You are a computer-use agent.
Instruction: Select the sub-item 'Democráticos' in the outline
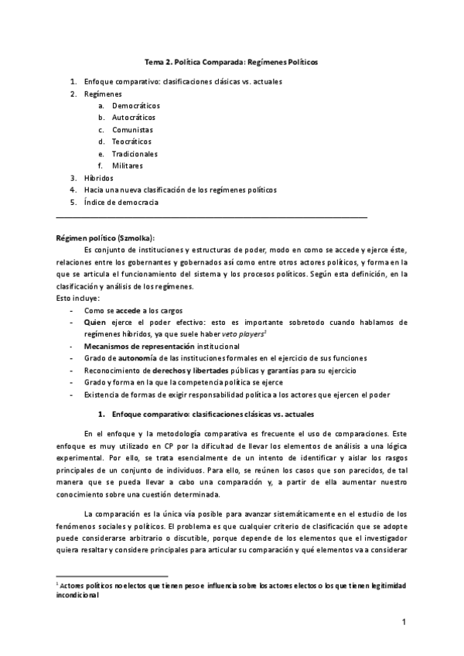[x=135, y=105]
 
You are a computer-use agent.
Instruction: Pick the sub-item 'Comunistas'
[x=132, y=130]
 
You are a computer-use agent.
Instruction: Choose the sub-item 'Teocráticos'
[x=132, y=142]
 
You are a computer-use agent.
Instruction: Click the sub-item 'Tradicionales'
[x=135, y=154]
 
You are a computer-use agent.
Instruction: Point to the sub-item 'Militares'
[x=128, y=166]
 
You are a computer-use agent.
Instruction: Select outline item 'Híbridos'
[x=98, y=177]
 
